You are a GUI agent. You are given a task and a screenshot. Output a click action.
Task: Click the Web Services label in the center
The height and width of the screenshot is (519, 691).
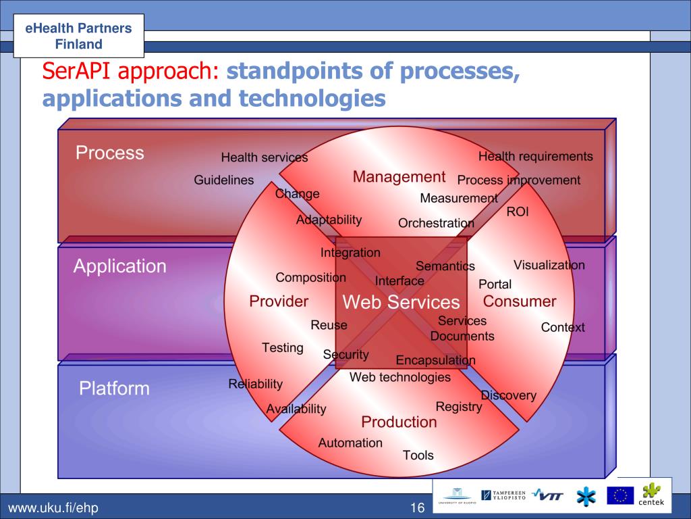(401, 302)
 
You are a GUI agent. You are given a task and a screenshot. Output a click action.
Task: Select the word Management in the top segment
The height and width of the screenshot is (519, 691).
(399, 177)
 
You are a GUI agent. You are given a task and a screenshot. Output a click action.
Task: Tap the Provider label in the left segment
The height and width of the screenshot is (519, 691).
(279, 301)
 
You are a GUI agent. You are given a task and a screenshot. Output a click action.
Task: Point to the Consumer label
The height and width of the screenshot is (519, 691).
(520, 301)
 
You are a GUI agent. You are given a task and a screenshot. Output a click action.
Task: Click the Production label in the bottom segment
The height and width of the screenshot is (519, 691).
(399, 422)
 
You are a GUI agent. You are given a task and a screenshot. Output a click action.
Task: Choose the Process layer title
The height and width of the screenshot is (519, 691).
(110, 153)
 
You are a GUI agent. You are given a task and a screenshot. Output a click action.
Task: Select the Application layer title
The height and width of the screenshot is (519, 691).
(119, 266)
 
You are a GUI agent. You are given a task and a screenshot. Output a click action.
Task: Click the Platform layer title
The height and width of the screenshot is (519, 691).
(114, 389)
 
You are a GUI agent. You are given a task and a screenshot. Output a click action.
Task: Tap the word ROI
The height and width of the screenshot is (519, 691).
(518, 212)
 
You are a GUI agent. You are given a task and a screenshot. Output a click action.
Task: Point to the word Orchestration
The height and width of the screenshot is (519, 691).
(436, 223)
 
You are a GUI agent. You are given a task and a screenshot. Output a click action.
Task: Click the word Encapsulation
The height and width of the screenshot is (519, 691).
(435, 360)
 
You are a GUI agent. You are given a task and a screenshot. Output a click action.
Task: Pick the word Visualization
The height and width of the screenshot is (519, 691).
(549, 265)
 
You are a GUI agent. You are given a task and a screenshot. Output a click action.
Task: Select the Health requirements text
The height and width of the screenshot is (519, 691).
(536, 157)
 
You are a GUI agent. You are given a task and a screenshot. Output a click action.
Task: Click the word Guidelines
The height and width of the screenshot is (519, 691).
(224, 180)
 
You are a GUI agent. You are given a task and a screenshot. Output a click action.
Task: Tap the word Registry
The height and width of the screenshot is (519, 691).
(459, 407)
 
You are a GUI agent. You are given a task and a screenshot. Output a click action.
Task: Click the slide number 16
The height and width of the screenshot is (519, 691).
(416, 508)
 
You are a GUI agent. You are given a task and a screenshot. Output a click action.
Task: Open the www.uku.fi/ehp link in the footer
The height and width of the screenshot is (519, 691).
(53, 508)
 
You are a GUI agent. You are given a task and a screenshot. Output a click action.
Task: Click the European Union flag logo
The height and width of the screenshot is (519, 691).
(619, 496)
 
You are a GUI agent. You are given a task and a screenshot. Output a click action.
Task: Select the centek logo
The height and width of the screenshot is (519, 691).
(652, 494)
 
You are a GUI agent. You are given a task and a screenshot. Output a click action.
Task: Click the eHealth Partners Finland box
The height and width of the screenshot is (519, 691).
(78, 36)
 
